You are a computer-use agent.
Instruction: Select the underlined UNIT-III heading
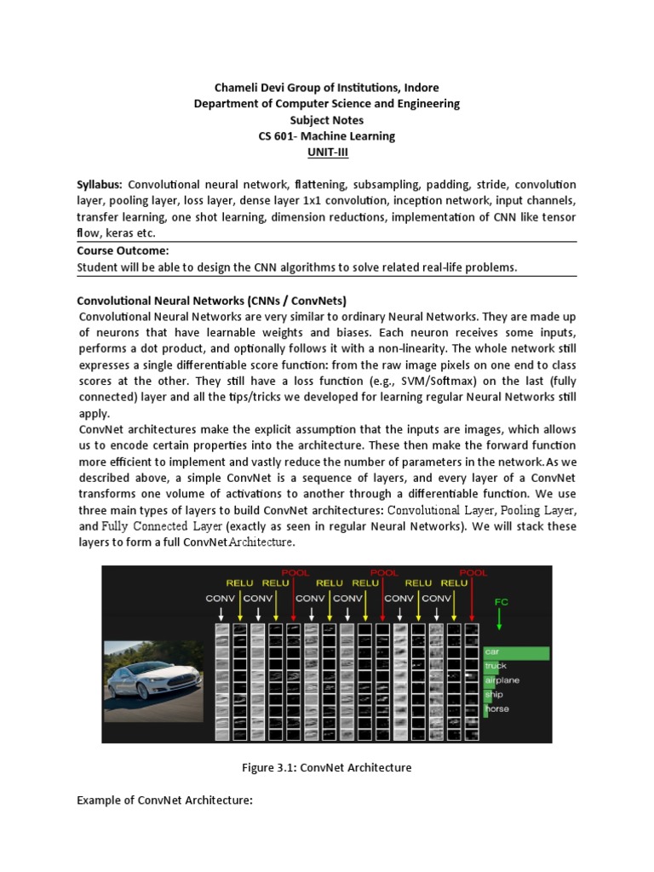tap(327, 152)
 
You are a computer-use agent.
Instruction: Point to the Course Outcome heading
tap(123, 250)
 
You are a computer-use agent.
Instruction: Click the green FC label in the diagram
tap(501, 601)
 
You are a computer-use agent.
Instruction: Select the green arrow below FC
tap(501, 626)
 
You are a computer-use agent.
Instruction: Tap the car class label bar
tap(516, 652)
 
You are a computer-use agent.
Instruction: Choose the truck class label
tap(496, 667)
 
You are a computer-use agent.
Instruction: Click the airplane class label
tap(502, 680)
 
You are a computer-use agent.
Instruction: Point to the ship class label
tap(495, 695)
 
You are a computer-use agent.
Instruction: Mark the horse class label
tap(497, 708)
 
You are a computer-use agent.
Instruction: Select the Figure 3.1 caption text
tap(327, 767)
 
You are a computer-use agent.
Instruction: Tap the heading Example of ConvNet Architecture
tap(165, 800)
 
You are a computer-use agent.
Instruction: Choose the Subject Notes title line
tap(327, 120)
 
